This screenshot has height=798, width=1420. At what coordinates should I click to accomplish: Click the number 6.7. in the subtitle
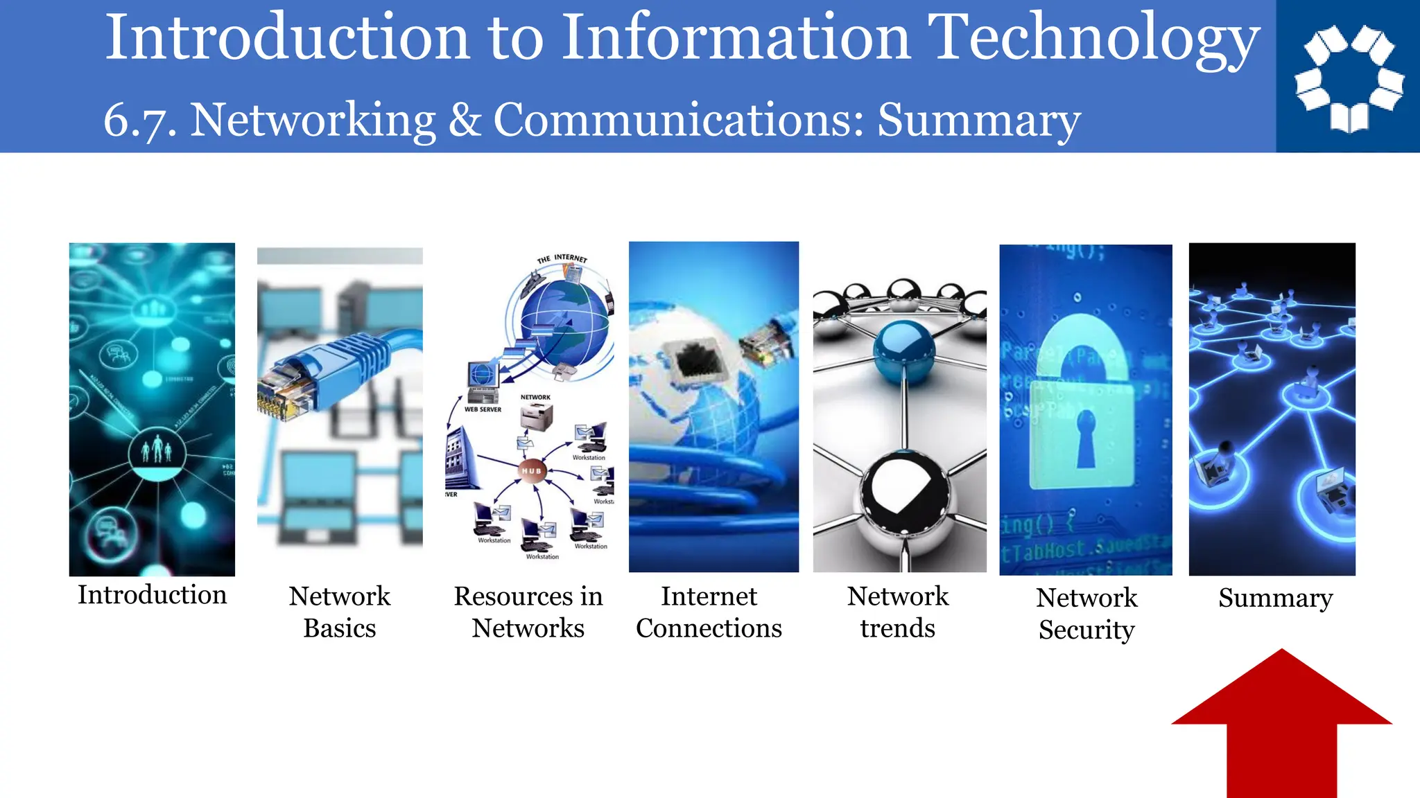(x=139, y=121)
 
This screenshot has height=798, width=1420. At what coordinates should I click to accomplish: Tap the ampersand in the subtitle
(x=465, y=119)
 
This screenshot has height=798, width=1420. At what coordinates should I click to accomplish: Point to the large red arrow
(x=1281, y=727)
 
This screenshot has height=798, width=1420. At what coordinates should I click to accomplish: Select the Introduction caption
(x=152, y=595)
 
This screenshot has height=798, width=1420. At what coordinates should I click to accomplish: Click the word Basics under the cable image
(x=339, y=628)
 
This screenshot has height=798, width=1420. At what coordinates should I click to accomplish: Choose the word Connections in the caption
(x=709, y=628)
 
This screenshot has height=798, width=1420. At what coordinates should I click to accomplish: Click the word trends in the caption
(x=897, y=628)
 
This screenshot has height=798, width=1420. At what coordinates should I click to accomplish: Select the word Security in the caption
(x=1086, y=630)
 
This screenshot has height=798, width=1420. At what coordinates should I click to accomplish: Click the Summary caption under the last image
(x=1275, y=598)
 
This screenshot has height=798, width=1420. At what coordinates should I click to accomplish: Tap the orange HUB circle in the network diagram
(x=532, y=471)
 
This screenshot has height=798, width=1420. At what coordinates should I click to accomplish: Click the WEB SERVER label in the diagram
(x=483, y=409)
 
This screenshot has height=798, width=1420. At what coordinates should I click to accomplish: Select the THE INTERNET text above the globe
(x=562, y=258)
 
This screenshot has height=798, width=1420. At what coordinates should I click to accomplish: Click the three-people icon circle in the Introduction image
(x=157, y=452)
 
